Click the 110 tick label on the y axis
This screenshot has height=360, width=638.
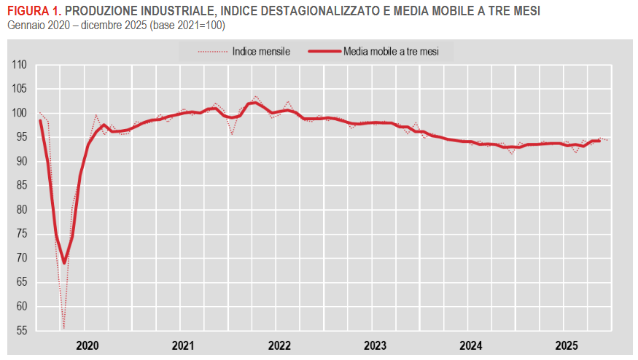20,65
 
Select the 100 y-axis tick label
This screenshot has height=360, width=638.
20,113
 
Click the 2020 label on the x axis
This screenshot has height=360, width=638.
87,345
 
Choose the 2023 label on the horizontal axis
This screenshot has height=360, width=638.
375,345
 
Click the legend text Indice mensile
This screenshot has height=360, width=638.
261,51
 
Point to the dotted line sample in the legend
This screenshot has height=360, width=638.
211,51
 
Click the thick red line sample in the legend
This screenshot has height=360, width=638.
324,51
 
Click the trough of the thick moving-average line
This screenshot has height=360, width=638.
64,262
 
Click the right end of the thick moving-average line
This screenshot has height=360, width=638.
599,140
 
